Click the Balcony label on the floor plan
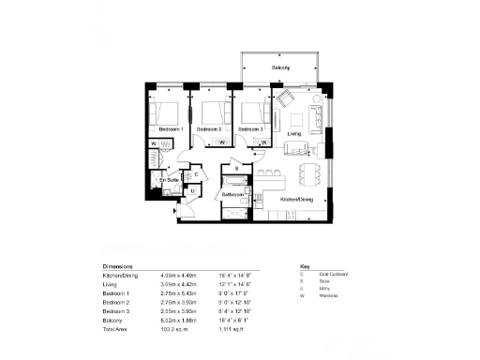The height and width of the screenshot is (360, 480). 281,68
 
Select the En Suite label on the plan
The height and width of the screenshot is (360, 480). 168,179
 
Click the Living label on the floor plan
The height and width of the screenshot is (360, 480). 294,134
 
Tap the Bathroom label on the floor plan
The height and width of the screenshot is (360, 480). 232,194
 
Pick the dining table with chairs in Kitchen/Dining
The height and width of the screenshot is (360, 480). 308,173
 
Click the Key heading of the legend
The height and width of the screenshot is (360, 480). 304,266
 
